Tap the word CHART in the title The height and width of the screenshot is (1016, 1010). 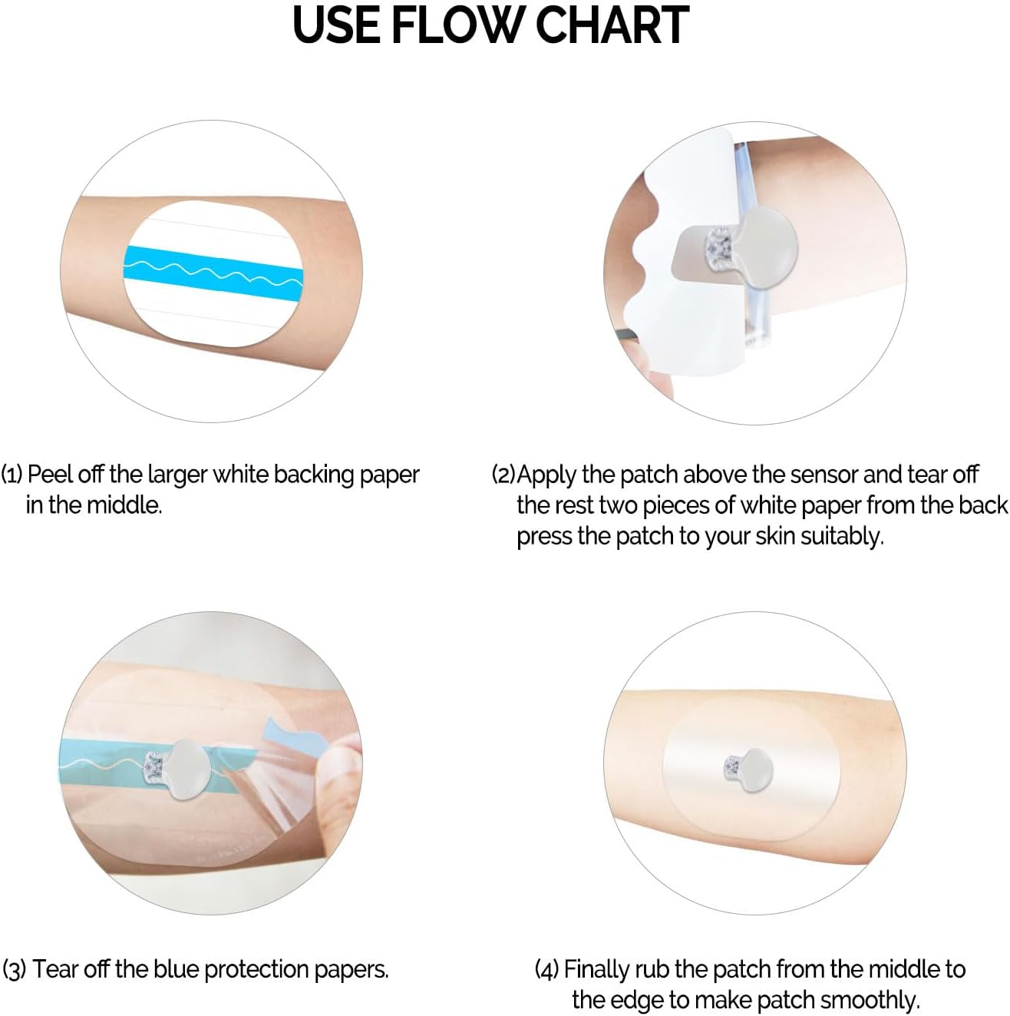[x=612, y=25]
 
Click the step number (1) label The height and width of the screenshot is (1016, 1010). [x=12, y=475]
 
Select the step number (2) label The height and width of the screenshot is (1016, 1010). [x=503, y=475]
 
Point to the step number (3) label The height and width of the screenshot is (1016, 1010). [x=15, y=969]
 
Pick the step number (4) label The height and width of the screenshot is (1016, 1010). [x=547, y=969]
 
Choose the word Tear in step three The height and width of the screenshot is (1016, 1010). [x=54, y=969]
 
